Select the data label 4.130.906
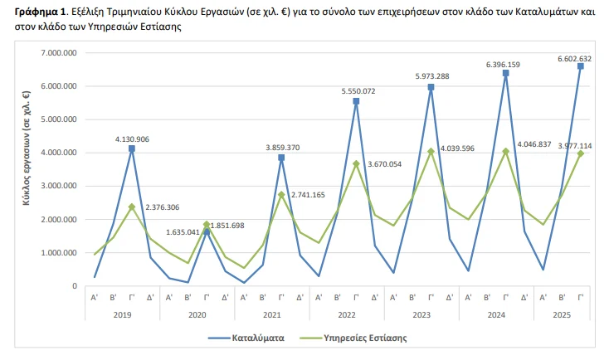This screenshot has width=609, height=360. tap(132, 139)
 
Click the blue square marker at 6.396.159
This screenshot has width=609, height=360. tap(505, 73)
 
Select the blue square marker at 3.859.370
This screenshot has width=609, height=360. tap(281, 158)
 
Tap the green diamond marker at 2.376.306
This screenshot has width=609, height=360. tap(132, 207)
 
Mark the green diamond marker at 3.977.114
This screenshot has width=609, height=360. tap(580, 153)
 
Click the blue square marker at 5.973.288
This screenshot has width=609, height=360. tap(431, 87)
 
